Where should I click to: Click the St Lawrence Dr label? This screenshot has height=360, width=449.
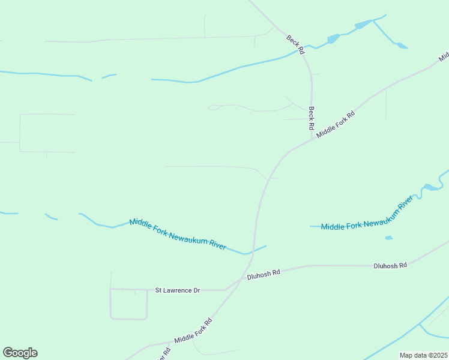[177, 290]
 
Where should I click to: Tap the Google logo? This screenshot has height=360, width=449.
[20, 353]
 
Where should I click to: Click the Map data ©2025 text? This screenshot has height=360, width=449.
[423, 355]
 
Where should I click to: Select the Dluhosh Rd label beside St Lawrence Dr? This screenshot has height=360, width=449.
[264, 274]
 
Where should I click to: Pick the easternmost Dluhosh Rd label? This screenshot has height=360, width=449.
[390, 265]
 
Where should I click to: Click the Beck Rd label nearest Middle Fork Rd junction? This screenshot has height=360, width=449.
[312, 118]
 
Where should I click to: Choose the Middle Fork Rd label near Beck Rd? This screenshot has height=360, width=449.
[336, 125]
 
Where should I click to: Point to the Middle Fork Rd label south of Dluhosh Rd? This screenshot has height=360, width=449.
[193, 331]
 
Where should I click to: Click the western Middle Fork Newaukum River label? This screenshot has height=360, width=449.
[178, 234]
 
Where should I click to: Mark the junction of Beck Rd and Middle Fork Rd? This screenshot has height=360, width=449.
[312, 139]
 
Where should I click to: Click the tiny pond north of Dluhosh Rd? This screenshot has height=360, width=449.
[388, 238]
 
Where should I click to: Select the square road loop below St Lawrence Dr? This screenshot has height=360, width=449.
[128, 304]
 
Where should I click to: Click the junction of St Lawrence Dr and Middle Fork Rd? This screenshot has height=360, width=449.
[226, 290]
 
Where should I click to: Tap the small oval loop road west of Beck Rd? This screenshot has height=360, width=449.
[214, 108]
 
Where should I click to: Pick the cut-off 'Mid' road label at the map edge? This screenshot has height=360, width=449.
[444, 57]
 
